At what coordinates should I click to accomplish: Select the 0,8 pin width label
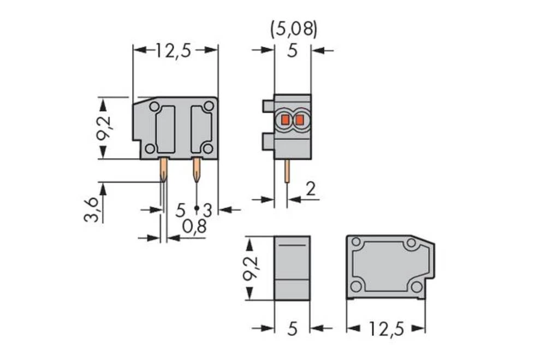tap(194, 226)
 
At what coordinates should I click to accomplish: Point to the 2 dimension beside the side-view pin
tap(311, 189)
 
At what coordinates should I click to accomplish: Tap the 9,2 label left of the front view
tap(103, 128)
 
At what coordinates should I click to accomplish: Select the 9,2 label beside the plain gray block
tap(251, 268)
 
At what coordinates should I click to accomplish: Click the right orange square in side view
tap(299, 119)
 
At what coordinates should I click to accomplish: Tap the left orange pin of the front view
tap(163, 170)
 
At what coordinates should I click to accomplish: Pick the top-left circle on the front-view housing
tap(155, 106)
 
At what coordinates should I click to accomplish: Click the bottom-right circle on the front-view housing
tap(207, 148)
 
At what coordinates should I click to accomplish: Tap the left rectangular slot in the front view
tap(165, 129)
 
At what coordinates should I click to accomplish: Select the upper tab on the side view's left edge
tap(268, 106)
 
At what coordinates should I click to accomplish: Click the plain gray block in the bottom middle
tap(292, 268)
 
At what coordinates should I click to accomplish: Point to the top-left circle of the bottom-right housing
tap(357, 242)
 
